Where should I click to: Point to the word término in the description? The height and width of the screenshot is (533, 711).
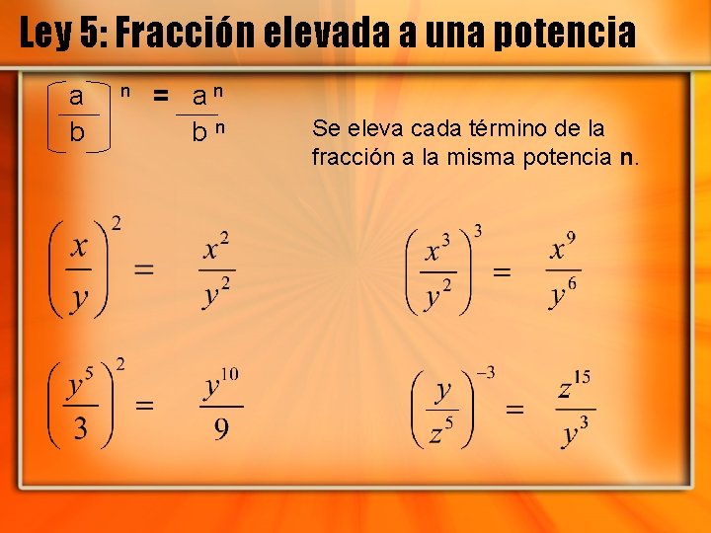[466, 128]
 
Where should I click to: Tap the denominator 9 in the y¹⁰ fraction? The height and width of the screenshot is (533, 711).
[222, 428]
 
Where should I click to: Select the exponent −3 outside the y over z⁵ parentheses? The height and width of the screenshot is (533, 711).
[485, 373]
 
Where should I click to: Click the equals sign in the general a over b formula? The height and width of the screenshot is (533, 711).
[159, 96]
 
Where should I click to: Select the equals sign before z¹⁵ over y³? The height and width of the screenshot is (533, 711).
[514, 408]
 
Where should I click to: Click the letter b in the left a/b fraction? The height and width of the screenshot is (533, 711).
[77, 132]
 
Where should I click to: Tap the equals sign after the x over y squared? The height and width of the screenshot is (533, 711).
[144, 268]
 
